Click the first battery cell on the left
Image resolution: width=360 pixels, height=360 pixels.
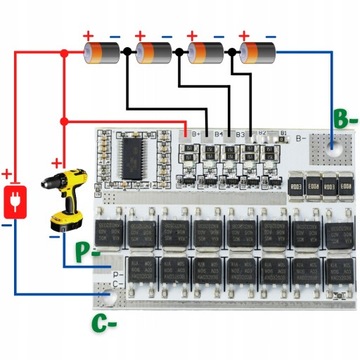point(103,51)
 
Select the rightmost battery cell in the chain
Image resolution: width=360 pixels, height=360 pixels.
point(258,51)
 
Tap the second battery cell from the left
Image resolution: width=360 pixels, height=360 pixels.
point(155,51)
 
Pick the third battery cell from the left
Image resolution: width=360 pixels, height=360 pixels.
point(207,51)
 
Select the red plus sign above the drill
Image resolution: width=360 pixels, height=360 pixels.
point(55,162)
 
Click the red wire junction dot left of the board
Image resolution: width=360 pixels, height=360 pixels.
point(64,121)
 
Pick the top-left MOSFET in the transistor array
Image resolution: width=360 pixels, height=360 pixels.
point(107,234)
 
